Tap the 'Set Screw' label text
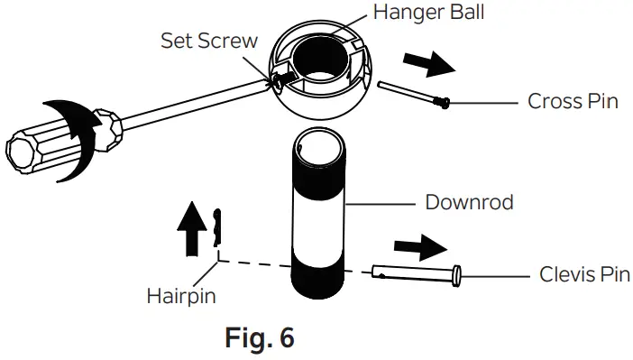[x=209, y=41]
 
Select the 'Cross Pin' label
[x=573, y=101]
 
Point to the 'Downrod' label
[x=469, y=201]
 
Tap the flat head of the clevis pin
[x=457, y=273]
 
